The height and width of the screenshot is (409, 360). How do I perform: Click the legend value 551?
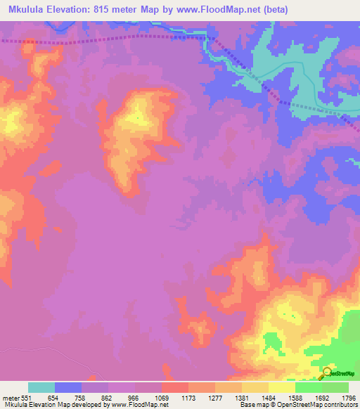tap(27, 397)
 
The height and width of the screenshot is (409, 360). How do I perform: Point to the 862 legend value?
tap(108, 397)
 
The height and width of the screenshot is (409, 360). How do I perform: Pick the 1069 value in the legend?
tap(162, 397)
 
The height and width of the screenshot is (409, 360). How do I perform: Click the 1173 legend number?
tap(188, 397)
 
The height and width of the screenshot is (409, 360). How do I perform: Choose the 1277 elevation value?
tap(215, 397)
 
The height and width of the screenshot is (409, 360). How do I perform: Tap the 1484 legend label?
tap(269, 397)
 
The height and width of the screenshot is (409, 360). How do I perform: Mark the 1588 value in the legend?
tap(295, 397)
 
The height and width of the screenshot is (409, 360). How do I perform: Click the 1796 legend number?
tap(349, 397)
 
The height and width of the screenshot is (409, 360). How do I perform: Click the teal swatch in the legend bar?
tap(41, 387)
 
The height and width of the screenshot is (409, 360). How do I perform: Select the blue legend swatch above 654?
tap(68, 387)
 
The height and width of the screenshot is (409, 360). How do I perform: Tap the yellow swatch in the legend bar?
tap(282, 387)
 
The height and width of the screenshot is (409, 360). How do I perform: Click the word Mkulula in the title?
tap(31, 9)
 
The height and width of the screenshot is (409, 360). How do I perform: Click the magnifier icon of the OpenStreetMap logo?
tap(326, 372)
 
